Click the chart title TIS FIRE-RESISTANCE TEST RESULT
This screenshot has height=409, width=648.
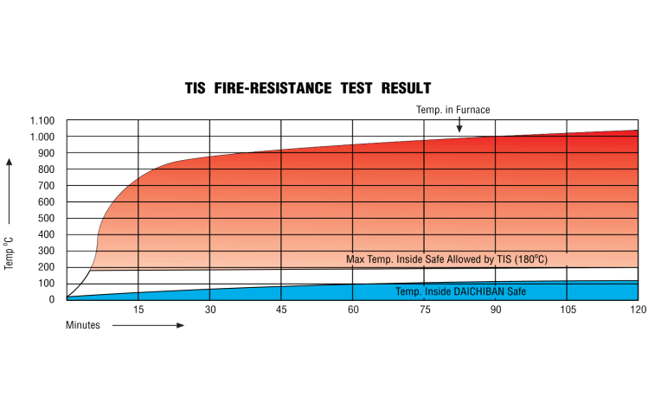pyautogui.click(x=308, y=88)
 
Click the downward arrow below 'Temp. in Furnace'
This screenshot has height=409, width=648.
pyautogui.click(x=459, y=125)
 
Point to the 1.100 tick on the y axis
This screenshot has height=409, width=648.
pyautogui.click(x=42, y=120)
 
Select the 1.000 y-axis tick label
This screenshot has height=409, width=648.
pyautogui.click(x=42, y=137)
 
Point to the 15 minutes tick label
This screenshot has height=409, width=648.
pyautogui.click(x=138, y=310)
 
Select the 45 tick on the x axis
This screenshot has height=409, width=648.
pyautogui.click(x=281, y=310)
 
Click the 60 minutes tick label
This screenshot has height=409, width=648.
pyautogui.click(x=352, y=310)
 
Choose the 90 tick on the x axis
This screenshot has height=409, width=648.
pyautogui.click(x=495, y=310)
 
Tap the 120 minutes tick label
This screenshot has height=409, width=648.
pyautogui.click(x=638, y=310)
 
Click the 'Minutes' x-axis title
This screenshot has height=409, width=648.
pyautogui.click(x=83, y=326)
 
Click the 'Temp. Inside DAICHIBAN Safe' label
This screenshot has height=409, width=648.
pyautogui.click(x=460, y=291)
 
